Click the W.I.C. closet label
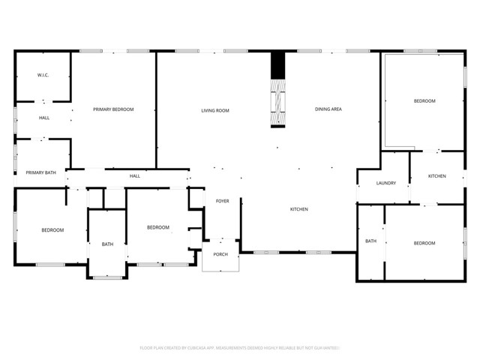tap(43, 76)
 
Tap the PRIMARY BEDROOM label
tap(113, 109)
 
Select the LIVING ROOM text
tap(214, 110)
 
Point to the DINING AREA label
tap(328, 109)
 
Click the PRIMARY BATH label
tap(40, 172)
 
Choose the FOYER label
tap(223, 201)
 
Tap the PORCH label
tap(220, 253)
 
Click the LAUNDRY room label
tap(386, 183)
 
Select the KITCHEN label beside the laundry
tap(437, 176)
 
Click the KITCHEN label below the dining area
tap(299, 209)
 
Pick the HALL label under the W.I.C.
tap(44, 118)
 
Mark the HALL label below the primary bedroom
tap(135, 176)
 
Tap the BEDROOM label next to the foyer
tap(157, 227)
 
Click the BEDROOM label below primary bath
tap(52, 229)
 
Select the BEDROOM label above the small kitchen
tap(424, 100)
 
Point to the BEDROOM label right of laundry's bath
tap(424, 242)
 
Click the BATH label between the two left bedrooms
tap(107, 244)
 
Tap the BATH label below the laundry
tap(370, 241)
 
